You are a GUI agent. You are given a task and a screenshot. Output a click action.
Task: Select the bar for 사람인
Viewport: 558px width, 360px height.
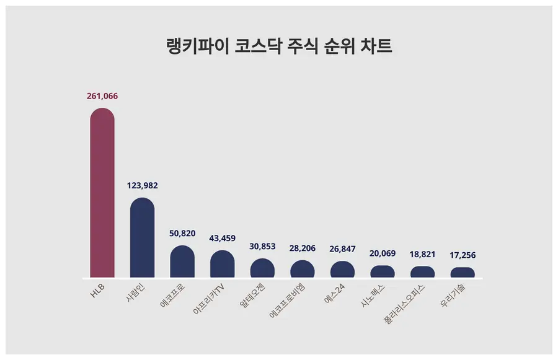[x=142, y=238]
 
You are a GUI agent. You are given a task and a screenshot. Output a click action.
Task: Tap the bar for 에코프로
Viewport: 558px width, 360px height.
[x=182, y=262]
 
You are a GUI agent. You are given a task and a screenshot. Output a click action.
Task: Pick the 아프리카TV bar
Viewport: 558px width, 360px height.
[x=223, y=265]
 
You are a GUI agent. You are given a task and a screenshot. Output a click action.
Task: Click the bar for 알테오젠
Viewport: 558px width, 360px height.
[x=262, y=268]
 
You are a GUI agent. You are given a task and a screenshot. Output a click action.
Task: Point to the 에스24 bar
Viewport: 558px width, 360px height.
[x=342, y=270]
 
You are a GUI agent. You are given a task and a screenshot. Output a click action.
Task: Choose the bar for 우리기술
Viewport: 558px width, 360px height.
[x=463, y=273]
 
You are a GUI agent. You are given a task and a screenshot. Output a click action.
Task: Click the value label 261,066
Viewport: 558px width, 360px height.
[x=102, y=96]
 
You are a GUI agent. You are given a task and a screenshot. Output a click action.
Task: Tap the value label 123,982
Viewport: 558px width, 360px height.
[x=142, y=185]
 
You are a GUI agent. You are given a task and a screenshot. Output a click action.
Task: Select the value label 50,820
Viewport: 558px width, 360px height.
[x=182, y=234]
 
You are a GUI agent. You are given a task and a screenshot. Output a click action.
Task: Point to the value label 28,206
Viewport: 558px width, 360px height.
[x=303, y=248]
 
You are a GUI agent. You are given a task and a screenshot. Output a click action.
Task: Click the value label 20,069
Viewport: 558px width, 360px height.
[x=383, y=253]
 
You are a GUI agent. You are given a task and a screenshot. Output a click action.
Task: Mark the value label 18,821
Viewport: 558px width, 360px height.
[x=423, y=254]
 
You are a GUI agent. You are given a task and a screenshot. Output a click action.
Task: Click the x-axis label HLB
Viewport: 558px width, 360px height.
[x=98, y=291]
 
